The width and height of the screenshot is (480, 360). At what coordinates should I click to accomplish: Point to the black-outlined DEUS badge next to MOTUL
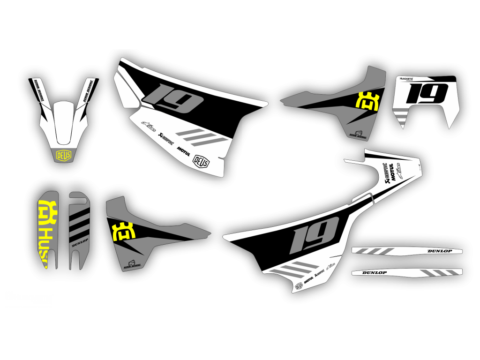(x=202, y=160)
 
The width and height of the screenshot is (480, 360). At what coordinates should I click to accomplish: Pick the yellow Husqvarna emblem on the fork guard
(x=47, y=214)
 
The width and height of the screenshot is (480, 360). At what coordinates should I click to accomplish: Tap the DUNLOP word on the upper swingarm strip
(x=440, y=251)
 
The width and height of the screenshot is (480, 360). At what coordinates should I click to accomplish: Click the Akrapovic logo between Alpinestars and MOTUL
(x=165, y=138)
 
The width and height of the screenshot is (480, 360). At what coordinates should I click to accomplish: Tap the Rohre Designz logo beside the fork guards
(x=132, y=265)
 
